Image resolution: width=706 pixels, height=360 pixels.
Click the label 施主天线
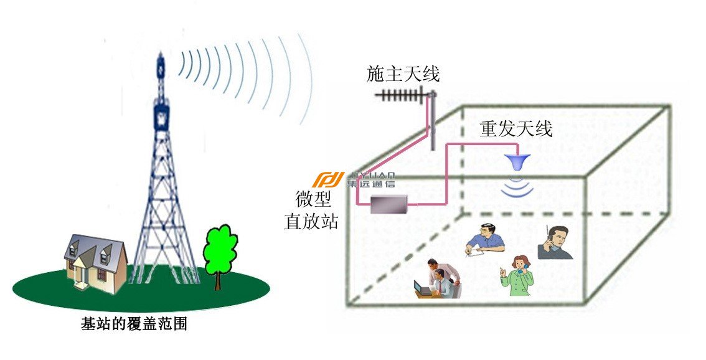point(403,74)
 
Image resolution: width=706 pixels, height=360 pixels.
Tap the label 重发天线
point(515,129)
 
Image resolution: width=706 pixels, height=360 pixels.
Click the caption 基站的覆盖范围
point(134,324)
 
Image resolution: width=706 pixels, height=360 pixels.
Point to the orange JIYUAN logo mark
point(328,179)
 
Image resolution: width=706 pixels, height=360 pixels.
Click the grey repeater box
point(389,204)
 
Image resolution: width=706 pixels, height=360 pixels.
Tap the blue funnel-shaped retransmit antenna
point(517,162)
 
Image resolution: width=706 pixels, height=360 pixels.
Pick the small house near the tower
point(96,263)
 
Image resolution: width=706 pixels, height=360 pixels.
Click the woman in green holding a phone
point(517,275)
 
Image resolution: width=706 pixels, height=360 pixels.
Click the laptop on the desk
point(422,289)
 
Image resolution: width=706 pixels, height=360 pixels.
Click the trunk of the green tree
point(218,281)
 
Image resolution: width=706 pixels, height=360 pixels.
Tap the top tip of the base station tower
point(161,52)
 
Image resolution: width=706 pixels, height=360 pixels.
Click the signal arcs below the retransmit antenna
point(517,186)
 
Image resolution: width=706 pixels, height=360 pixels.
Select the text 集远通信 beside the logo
point(370,183)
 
